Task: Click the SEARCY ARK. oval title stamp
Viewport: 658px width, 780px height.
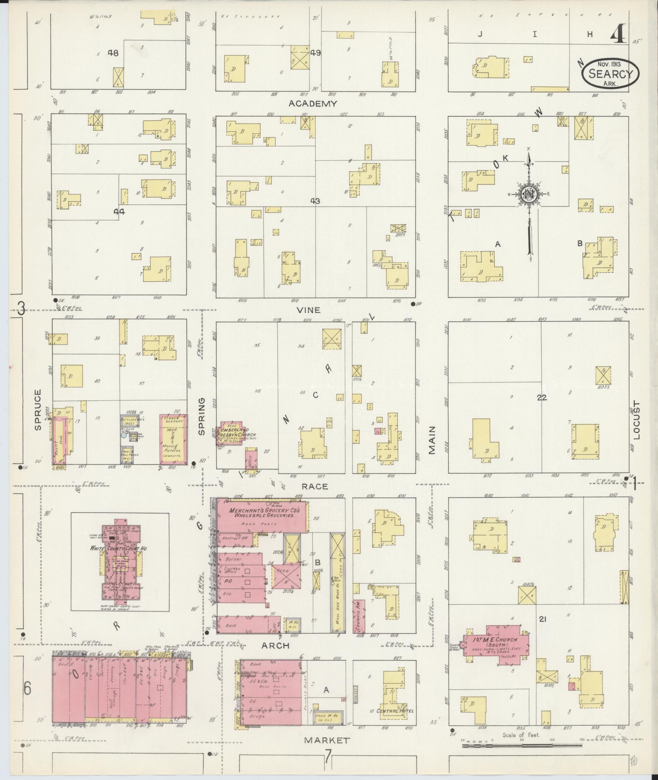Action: (610, 73)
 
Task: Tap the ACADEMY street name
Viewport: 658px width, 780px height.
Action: (313, 104)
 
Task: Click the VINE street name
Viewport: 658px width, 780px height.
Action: (308, 310)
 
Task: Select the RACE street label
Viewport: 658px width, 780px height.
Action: (315, 486)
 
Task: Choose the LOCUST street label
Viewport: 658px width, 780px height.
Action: (637, 421)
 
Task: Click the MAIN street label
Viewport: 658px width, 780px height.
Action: (431, 440)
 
